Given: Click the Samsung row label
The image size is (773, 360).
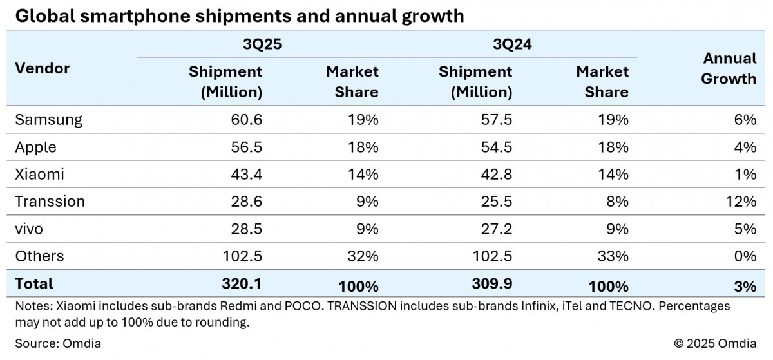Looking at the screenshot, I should (x=48, y=120).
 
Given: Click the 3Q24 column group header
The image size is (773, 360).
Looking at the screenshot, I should (x=510, y=44).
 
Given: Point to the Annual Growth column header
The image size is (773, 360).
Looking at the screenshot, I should (x=729, y=68).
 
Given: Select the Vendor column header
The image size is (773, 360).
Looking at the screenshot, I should (x=42, y=68).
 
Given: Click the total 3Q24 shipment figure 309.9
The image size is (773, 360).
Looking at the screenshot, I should (x=491, y=284).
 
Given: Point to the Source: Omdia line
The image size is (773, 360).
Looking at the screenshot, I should (x=59, y=343).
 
